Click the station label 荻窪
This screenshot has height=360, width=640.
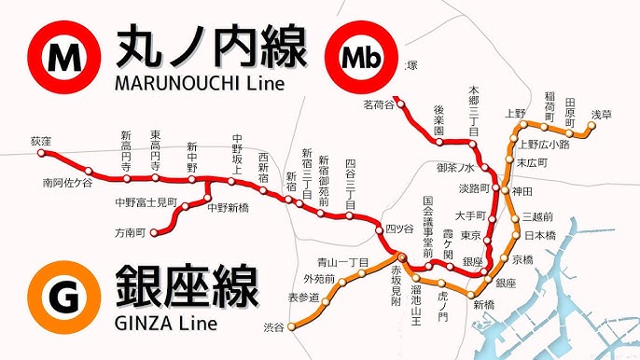click(40, 141)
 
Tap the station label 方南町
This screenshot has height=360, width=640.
click(130, 232)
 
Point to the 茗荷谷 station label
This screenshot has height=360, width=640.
click(381, 104)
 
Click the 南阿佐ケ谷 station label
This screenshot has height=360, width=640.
click(67, 183)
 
